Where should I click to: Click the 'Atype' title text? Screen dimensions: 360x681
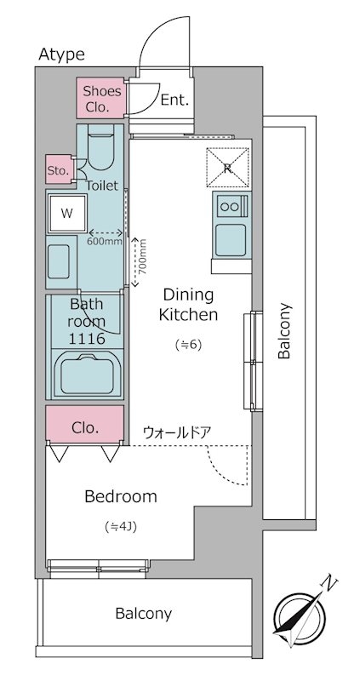click(x=61, y=54)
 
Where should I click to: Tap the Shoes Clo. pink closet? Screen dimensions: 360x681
click(x=101, y=98)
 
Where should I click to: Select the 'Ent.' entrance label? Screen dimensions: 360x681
click(x=175, y=100)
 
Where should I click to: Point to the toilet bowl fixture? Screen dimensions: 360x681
click(x=101, y=146)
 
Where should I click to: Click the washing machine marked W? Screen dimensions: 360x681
click(x=67, y=213)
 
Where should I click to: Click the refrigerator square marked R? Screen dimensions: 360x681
click(x=228, y=169)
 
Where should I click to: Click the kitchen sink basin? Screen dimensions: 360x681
click(x=231, y=240)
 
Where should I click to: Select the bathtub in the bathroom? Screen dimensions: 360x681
click(x=88, y=375)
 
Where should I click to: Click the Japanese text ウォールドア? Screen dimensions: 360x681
click(x=177, y=432)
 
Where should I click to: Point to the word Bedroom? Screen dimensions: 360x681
click(x=121, y=496)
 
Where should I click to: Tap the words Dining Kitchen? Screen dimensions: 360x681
click(x=188, y=304)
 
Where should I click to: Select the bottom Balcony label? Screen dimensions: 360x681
click(x=143, y=614)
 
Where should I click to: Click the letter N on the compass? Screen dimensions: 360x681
click(x=330, y=584)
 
